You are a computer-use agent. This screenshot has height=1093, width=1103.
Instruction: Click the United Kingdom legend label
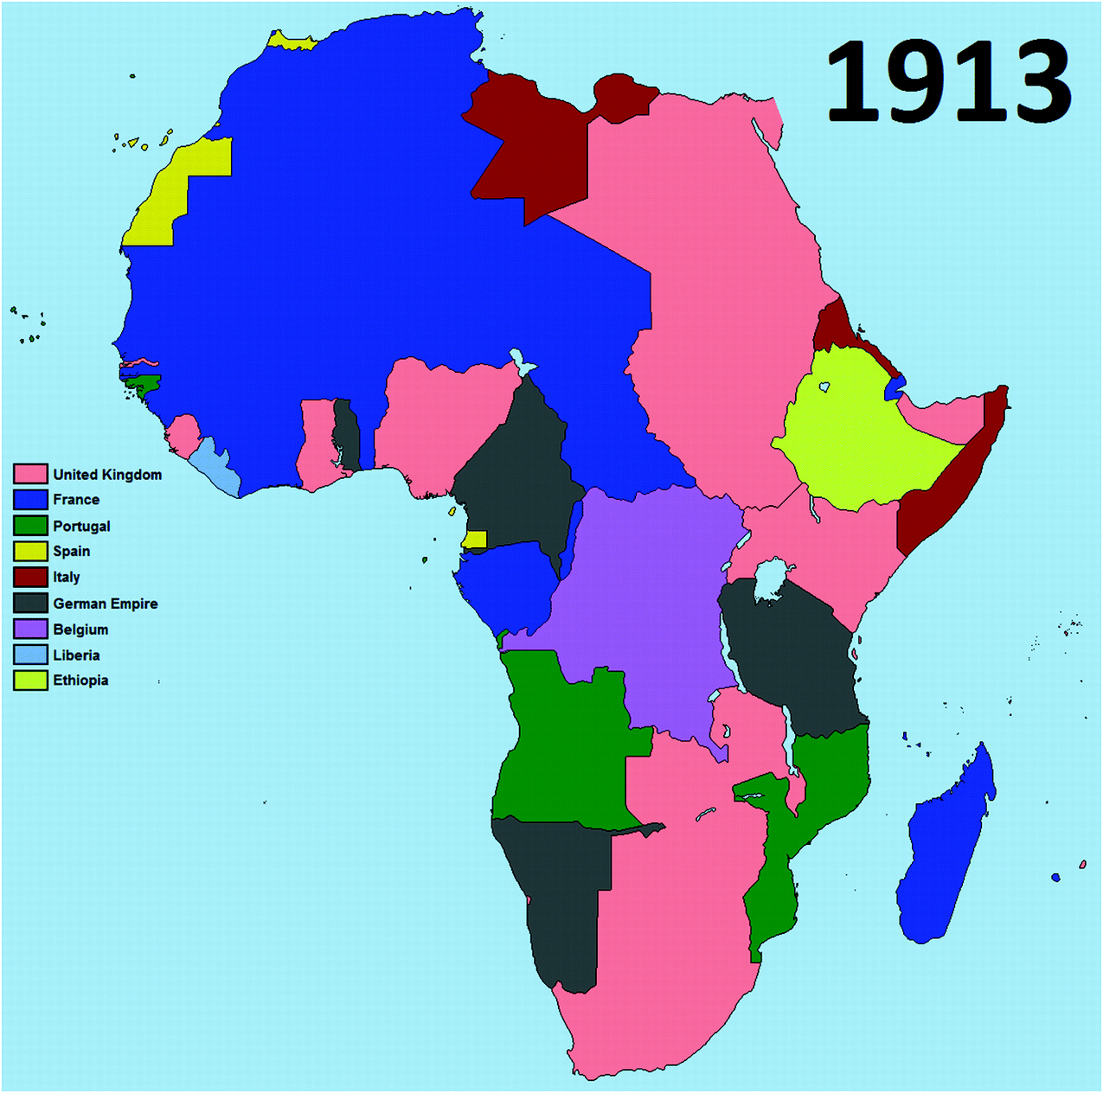pos(107,475)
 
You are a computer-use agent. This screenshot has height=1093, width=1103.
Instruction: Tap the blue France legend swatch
pos(30,500)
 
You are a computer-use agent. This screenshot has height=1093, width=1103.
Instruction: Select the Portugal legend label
pos(81,526)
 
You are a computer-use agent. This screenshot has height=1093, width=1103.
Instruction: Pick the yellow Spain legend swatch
pos(30,551)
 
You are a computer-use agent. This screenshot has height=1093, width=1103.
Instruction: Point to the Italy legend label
pos(66,577)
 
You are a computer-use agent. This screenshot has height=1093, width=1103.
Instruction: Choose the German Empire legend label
pos(105,604)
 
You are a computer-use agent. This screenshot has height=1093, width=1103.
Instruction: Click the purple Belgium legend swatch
pos(30,630)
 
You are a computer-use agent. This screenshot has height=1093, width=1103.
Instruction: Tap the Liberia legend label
pos(76,655)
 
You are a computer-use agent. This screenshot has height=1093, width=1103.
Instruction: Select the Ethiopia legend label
pos(80,681)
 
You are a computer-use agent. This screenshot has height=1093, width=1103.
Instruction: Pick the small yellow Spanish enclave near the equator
pos(474,540)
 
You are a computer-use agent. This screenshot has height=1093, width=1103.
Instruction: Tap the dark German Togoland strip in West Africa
pos(346,432)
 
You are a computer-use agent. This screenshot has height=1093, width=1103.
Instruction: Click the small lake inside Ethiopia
pos(824,387)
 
